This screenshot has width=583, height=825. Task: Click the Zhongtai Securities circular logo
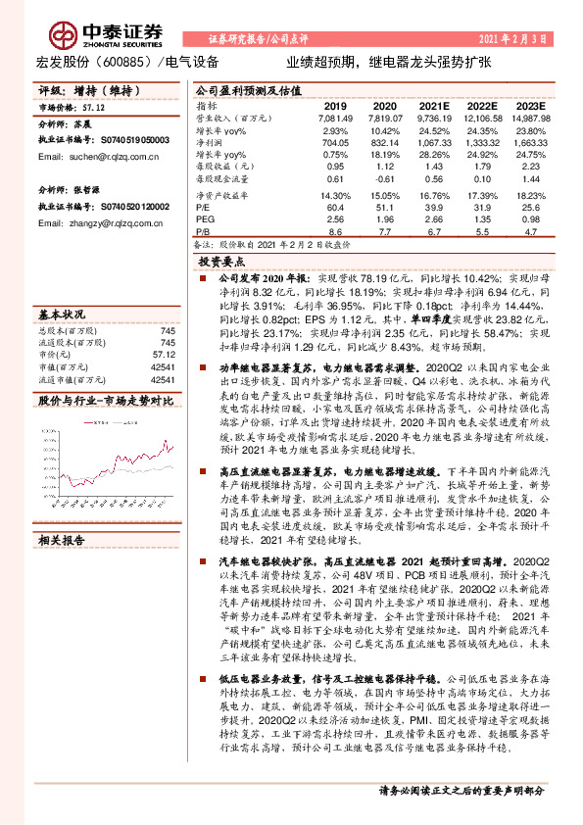point(65,36)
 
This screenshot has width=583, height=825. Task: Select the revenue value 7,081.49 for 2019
point(331,117)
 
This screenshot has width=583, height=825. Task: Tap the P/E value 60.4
point(334,207)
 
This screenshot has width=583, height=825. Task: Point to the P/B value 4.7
point(531,232)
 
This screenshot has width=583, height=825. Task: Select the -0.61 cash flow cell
point(384,178)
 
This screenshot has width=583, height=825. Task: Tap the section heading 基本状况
point(63,315)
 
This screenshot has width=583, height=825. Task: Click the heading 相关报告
point(63,540)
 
